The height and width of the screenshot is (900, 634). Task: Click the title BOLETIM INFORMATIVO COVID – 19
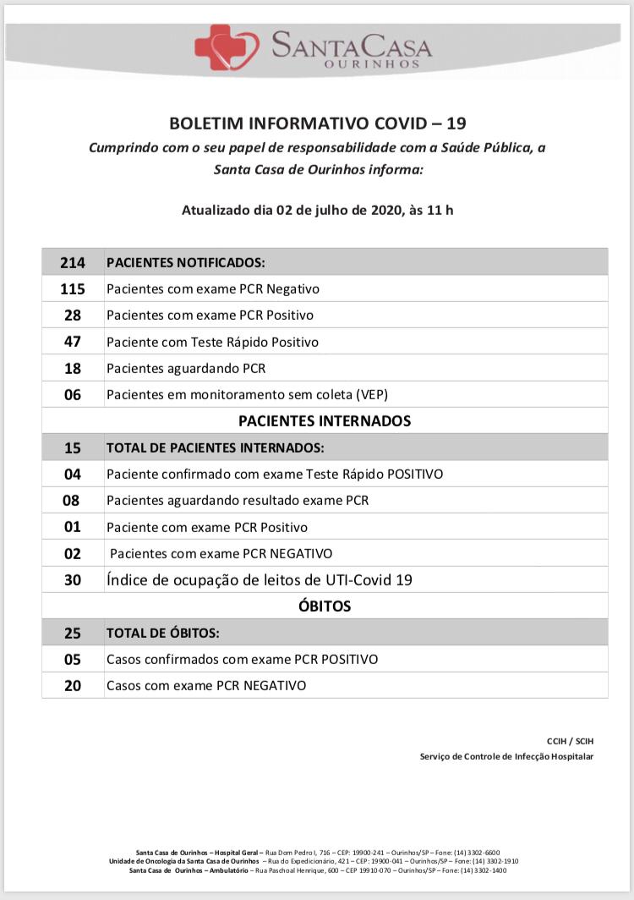click(317, 123)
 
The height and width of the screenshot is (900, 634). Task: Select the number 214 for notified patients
click(73, 262)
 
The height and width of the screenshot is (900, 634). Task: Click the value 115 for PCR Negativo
click(73, 288)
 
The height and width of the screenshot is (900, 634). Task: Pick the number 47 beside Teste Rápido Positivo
click(73, 342)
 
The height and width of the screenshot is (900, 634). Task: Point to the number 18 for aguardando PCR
click(73, 368)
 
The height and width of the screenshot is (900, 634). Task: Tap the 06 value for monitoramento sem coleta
click(73, 394)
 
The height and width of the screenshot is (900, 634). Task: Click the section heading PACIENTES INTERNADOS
click(325, 420)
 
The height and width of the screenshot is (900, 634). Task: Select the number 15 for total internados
click(73, 447)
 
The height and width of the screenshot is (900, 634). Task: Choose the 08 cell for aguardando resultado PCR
click(73, 500)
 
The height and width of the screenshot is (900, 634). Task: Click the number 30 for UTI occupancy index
click(73, 579)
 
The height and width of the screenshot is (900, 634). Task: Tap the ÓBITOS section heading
click(325, 606)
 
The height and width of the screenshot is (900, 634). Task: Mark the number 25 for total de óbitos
click(73, 632)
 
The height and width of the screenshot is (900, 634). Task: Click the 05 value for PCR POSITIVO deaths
click(73, 659)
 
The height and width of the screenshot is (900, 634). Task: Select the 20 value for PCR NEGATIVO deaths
click(73, 685)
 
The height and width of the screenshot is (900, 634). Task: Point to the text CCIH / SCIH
click(570, 741)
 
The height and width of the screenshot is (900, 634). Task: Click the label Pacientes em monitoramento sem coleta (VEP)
click(247, 394)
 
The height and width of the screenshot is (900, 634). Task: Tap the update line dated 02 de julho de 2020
click(317, 210)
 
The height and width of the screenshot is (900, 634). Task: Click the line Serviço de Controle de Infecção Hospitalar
click(506, 756)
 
